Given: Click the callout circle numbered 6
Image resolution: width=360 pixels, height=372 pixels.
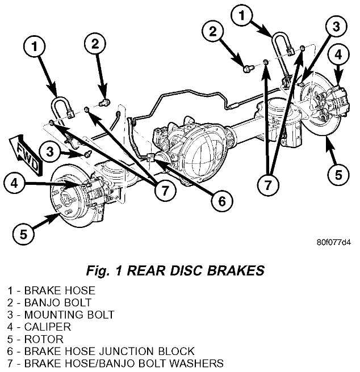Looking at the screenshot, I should point(221,200).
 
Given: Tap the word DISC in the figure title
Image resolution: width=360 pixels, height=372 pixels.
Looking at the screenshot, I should point(191,270).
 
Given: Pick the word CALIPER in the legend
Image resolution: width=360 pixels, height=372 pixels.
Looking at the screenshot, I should point(47,327).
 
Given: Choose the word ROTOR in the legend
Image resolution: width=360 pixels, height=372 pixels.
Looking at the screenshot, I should point(43,339).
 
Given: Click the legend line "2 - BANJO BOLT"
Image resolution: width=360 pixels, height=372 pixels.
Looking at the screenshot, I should point(51,302).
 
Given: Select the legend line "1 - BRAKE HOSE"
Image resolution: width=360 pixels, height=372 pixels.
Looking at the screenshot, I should point(52,290).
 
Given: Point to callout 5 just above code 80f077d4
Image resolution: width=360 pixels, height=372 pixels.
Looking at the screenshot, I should point(338,174).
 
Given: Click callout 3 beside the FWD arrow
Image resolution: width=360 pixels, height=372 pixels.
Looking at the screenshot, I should point(50,152).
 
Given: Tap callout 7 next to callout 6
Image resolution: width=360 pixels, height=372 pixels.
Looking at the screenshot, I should point(165,191).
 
